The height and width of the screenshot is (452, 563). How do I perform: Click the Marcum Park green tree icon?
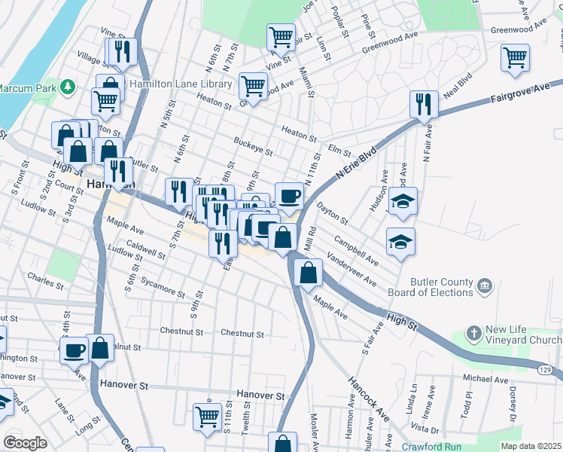(67, 87)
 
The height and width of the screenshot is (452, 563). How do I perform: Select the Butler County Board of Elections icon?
(485, 286)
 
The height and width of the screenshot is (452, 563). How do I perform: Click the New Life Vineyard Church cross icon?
(473, 332)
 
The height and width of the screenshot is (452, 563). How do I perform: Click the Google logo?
(26, 442)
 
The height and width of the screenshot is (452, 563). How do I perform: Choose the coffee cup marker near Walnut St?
(75, 350)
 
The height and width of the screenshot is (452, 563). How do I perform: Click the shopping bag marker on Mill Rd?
(308, 273)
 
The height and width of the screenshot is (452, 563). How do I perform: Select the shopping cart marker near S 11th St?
(207, 416)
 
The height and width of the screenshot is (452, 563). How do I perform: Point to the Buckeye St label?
(253, 149)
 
